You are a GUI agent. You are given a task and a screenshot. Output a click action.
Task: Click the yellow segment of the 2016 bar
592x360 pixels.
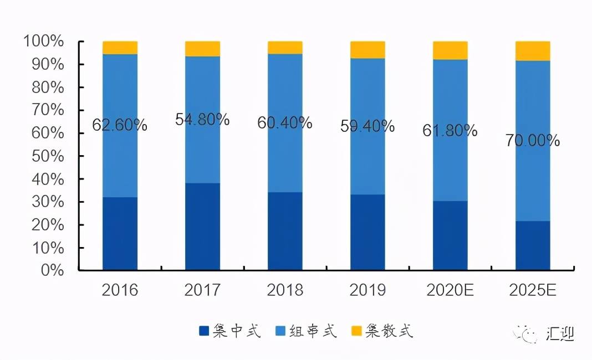[120, 48]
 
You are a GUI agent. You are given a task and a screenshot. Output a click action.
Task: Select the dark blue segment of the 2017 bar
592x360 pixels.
[202, 227]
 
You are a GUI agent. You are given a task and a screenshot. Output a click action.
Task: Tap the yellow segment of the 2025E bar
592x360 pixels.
[533, 51]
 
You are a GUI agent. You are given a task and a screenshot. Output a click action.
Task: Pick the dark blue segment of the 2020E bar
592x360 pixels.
[450, 235]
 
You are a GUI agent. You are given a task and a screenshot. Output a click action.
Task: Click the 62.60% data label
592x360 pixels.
[120, 125]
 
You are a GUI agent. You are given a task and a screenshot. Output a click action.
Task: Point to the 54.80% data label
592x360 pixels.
[202, 120]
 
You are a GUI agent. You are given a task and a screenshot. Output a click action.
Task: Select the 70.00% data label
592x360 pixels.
[532, 141]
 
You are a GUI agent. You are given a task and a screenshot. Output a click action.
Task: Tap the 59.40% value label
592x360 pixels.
[368, 126]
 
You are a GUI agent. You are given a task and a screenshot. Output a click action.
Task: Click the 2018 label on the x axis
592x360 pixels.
[285, 290]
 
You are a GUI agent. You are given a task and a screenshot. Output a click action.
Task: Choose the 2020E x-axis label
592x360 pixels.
[450, 290]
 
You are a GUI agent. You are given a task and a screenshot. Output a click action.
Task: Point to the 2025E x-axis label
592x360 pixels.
[533, 290]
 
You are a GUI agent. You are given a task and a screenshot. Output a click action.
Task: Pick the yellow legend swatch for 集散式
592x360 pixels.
[357, 331]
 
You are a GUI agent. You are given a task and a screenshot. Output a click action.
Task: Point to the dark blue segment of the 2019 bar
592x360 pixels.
[368, 232]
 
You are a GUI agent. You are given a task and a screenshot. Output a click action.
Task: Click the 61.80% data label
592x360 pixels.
[450, 131]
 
